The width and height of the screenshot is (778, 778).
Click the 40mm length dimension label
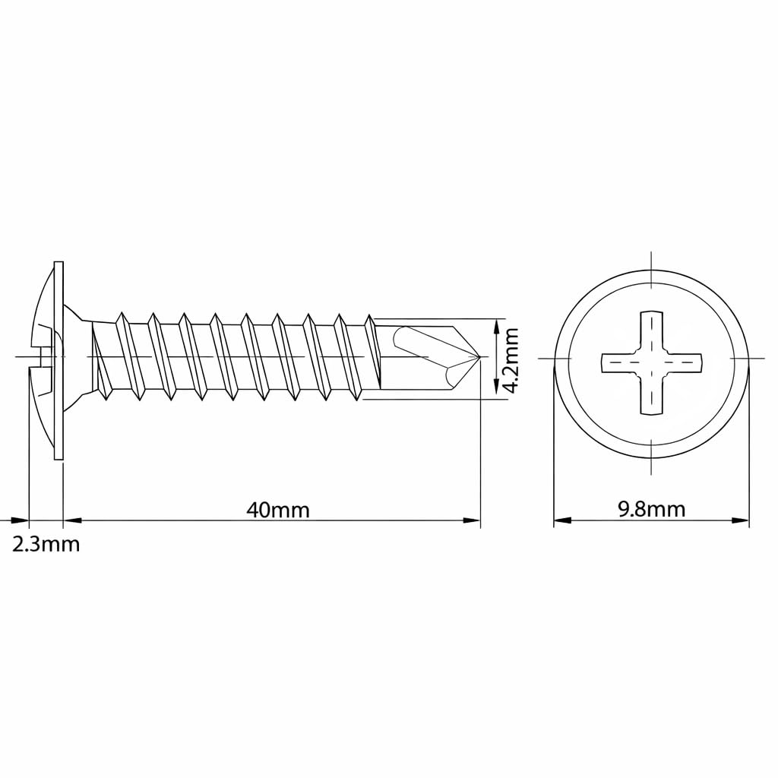278,510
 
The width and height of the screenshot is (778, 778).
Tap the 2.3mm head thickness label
46,544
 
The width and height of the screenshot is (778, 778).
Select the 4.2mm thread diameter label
511,359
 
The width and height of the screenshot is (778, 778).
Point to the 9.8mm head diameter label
651,509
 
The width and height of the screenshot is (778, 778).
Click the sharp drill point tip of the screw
480,356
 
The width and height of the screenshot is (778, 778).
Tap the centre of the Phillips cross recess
651,362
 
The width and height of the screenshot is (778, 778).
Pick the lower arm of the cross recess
651,393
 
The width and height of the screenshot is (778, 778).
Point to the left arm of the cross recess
621,362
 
